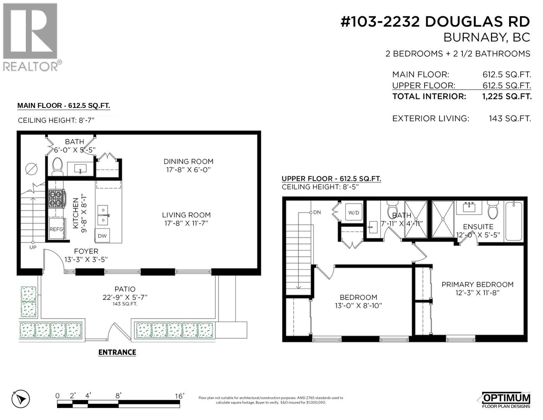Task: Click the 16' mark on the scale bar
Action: pyautogui.click(x=179, y=396)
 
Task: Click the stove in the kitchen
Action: pyautogui.click(x=57, y=199)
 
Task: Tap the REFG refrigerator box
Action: pyautogui.click(x=56, y=229)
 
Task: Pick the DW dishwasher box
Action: pyautogui.click(x=102, y=236)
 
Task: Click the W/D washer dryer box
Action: pyautogui.click(x=354, y=212)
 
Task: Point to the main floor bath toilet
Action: pyautogui.click(x=57, y=167)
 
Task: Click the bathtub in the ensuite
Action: pyautogui.click(x=513, y=221)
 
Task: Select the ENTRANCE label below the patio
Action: pyautogui.click(x=117, y=352)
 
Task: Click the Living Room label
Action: pyautogui.click(x=186, y=215)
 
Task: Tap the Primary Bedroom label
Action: pyautogui.click(x=477, y=284)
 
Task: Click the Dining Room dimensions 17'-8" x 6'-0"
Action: pyautogui.click(x=188, y=170)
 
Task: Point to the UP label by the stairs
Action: pyautogui.click(x=33, y=247)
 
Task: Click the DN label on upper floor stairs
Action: pyautogui.click(x=317, y=212)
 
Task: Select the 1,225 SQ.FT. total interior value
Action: pyautogui.click(x=507, y=96)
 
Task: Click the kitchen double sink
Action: pyautogui.click(x=103, y=215)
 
